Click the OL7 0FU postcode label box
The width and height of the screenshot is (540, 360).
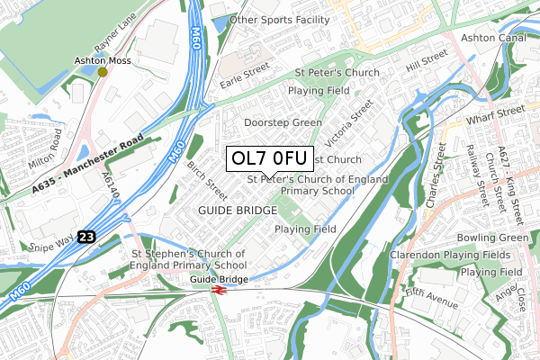270,158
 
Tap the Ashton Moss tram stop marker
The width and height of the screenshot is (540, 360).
103,71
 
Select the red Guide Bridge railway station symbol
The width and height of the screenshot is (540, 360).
218,290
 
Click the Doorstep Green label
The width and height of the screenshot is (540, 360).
283,122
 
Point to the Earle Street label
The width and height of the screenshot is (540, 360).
246,71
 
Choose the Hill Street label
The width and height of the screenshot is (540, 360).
426,67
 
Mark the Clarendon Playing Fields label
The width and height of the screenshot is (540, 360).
445,256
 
